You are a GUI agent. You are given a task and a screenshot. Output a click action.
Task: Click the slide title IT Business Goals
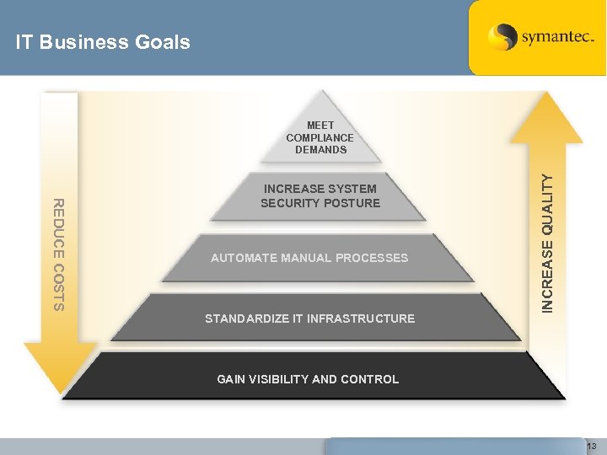click(x=103, y=42)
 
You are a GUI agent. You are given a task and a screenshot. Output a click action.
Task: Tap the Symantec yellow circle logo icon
click(x=502, y=37)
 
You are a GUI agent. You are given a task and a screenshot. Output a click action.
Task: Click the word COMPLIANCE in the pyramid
click(x=320, y=137)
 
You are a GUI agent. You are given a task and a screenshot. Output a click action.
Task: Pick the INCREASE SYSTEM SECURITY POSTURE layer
click(x=320, y=195)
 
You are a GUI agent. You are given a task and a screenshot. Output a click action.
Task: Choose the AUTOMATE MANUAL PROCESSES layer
click(x=309, y=258)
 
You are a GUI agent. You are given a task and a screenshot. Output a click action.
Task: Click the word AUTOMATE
click(x=244, y=258)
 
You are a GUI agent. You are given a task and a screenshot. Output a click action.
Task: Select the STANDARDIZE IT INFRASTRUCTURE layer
click(x=310, y=318)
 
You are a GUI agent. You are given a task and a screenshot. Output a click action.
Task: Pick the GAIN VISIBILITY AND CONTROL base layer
click(x=308, y=379)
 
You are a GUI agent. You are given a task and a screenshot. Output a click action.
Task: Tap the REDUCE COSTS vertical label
click(x=58, y=254)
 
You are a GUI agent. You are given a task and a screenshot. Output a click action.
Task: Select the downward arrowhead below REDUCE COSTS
click(x=61, y=366)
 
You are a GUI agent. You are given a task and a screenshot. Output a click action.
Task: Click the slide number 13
click(x=592, y=446)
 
